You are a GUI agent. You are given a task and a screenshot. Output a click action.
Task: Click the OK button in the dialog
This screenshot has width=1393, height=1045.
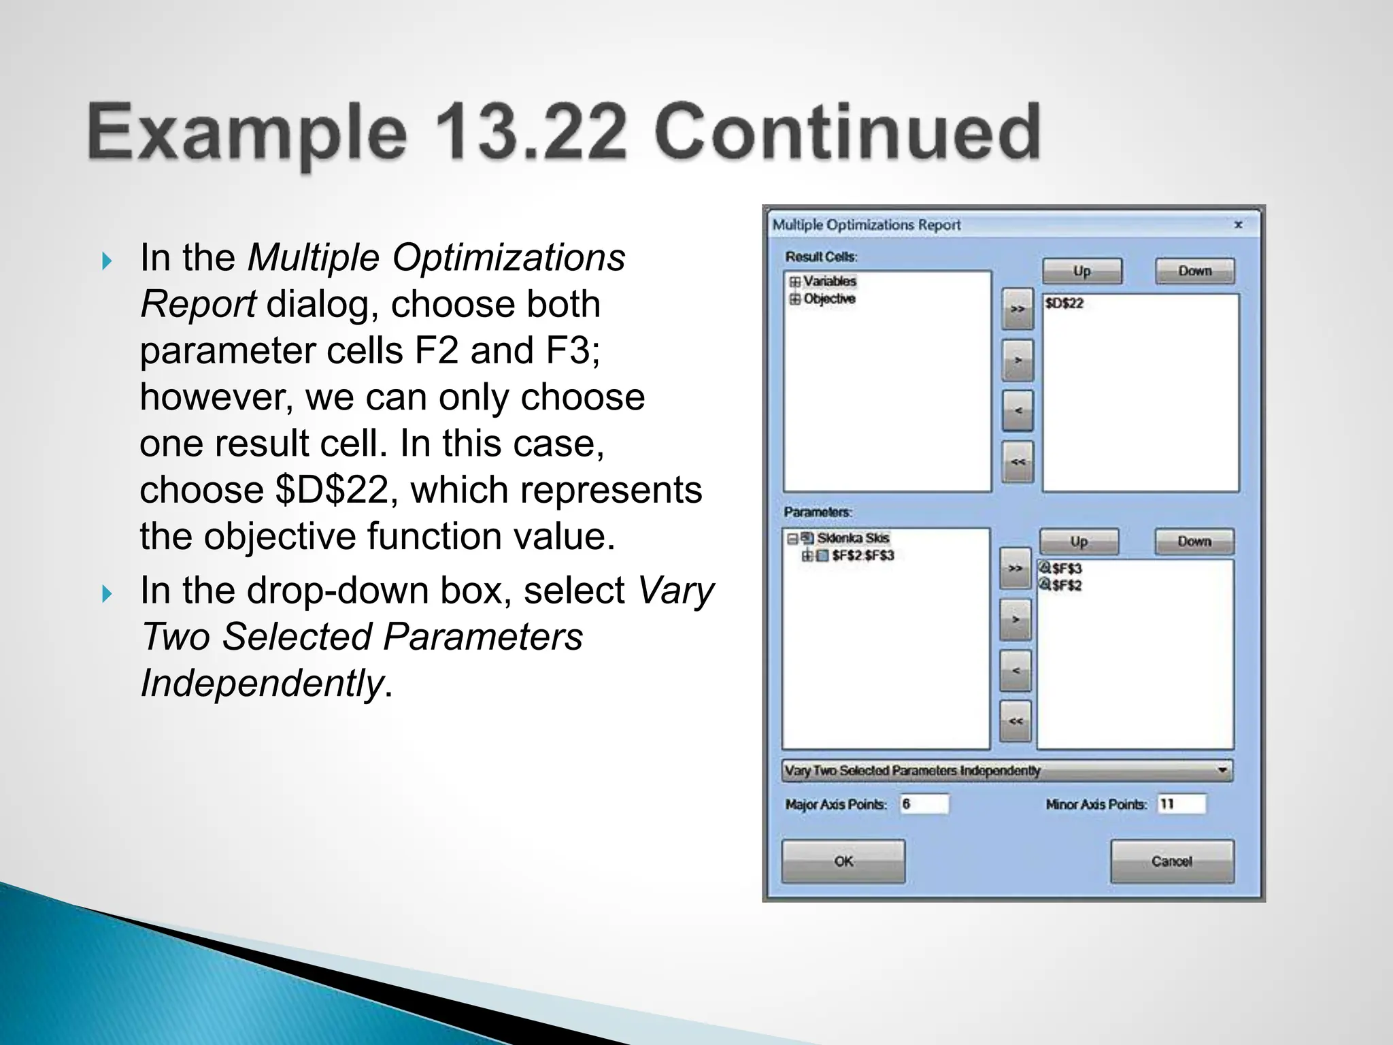coord(843,861)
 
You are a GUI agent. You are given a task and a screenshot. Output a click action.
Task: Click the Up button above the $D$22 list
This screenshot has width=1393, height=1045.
coord(1081,271)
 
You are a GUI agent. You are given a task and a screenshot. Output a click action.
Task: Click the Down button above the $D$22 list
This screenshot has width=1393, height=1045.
coord(1194,271)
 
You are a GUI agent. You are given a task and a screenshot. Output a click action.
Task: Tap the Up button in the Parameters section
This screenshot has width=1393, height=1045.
coord(1079,542)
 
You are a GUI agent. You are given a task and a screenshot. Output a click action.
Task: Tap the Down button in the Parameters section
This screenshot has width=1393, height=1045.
coord(1194,542)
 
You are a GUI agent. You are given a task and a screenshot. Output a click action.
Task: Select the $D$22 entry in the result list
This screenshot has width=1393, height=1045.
coord(1064,303)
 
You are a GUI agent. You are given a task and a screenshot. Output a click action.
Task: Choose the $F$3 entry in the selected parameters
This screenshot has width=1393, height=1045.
coord(1066,568)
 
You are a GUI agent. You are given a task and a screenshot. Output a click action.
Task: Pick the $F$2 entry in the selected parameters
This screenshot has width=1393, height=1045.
coord(1066,585)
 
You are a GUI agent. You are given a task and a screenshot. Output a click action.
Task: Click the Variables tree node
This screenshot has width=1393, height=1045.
coord(829,281)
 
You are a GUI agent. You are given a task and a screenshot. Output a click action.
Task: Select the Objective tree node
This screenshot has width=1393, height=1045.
coord(829,299)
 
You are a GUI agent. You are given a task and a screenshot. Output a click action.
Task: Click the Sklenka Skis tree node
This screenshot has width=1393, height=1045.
coord(853,538)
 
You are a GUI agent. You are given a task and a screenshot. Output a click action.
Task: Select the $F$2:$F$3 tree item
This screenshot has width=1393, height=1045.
coord(862,556)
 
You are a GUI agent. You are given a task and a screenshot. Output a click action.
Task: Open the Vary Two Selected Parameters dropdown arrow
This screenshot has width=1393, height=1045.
coord(1222,771)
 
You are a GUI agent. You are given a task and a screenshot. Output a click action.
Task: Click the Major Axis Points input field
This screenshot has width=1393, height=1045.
coord(924,804)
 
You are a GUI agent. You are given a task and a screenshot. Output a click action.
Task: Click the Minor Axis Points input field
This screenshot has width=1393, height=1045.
coord(1181,804)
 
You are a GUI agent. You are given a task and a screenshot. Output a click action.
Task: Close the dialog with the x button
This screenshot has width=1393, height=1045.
coord(1238,225)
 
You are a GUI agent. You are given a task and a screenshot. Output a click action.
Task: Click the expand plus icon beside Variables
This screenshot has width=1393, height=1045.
coord(794,281)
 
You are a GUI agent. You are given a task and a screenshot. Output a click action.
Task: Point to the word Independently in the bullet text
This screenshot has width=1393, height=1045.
coord(262,683)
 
